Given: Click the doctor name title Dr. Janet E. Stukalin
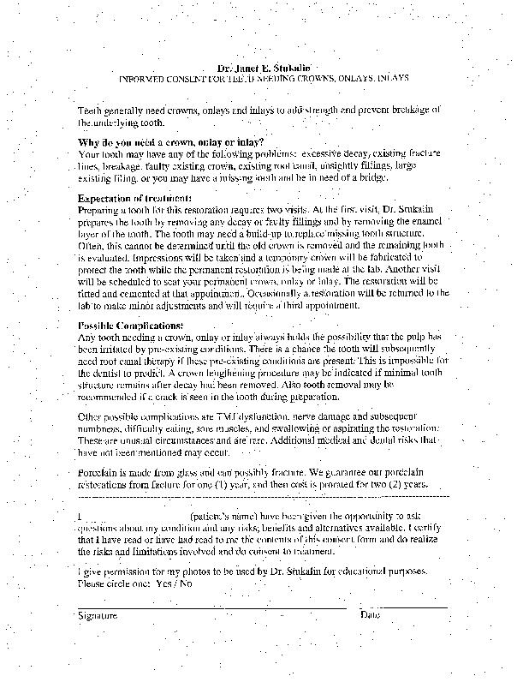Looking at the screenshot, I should (262, 65).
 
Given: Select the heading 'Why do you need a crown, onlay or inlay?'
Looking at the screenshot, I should (171, 141).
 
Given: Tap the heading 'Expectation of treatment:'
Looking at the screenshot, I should (134, 198).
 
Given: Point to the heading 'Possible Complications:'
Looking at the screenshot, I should (130, 326).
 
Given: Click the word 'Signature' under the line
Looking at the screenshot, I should (98, 615).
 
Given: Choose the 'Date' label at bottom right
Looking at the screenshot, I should (370, 615).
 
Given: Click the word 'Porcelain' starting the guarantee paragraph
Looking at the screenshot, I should (99, 471).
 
